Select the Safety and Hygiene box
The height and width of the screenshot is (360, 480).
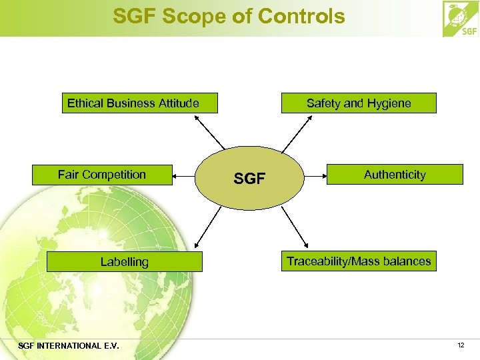click(x=359, y=103)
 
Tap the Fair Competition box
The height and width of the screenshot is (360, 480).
click(x=102, y=175)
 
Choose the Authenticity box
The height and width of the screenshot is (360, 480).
click(x=395, y=175)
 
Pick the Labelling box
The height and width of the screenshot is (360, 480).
click(x=124, y=262)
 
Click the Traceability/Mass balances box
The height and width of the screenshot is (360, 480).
click(x=359, y=261)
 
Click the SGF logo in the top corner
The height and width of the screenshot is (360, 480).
click(x=461, y=19)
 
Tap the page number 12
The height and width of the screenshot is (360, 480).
click(x=461, y=345)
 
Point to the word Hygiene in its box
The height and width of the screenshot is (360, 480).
click(x=389, y=103)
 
